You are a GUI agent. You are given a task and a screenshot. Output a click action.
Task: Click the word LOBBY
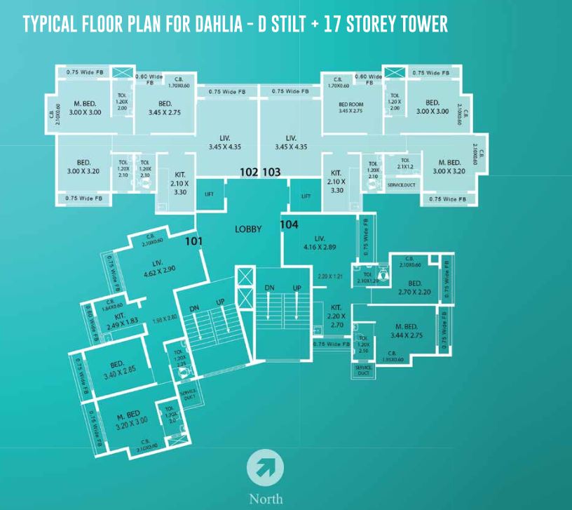pyautogui.click(x=248, y=229)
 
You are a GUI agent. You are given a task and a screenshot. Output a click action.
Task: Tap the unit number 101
pyautogui.click(x=193, y=241)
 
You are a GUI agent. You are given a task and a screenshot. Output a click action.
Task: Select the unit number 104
pyautogui.click(x=290, y=224)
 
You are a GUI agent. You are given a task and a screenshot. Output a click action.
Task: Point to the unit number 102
pyautogui.click(x=250, y=172)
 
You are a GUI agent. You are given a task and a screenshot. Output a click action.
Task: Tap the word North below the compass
pyautogui.click(x=266, y=499)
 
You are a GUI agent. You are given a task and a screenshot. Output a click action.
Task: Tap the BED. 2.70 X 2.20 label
pyautogui.click(x=414, y=288)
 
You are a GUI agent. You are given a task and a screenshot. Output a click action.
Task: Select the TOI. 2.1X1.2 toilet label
pyautogui.click(x=404, y=163)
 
